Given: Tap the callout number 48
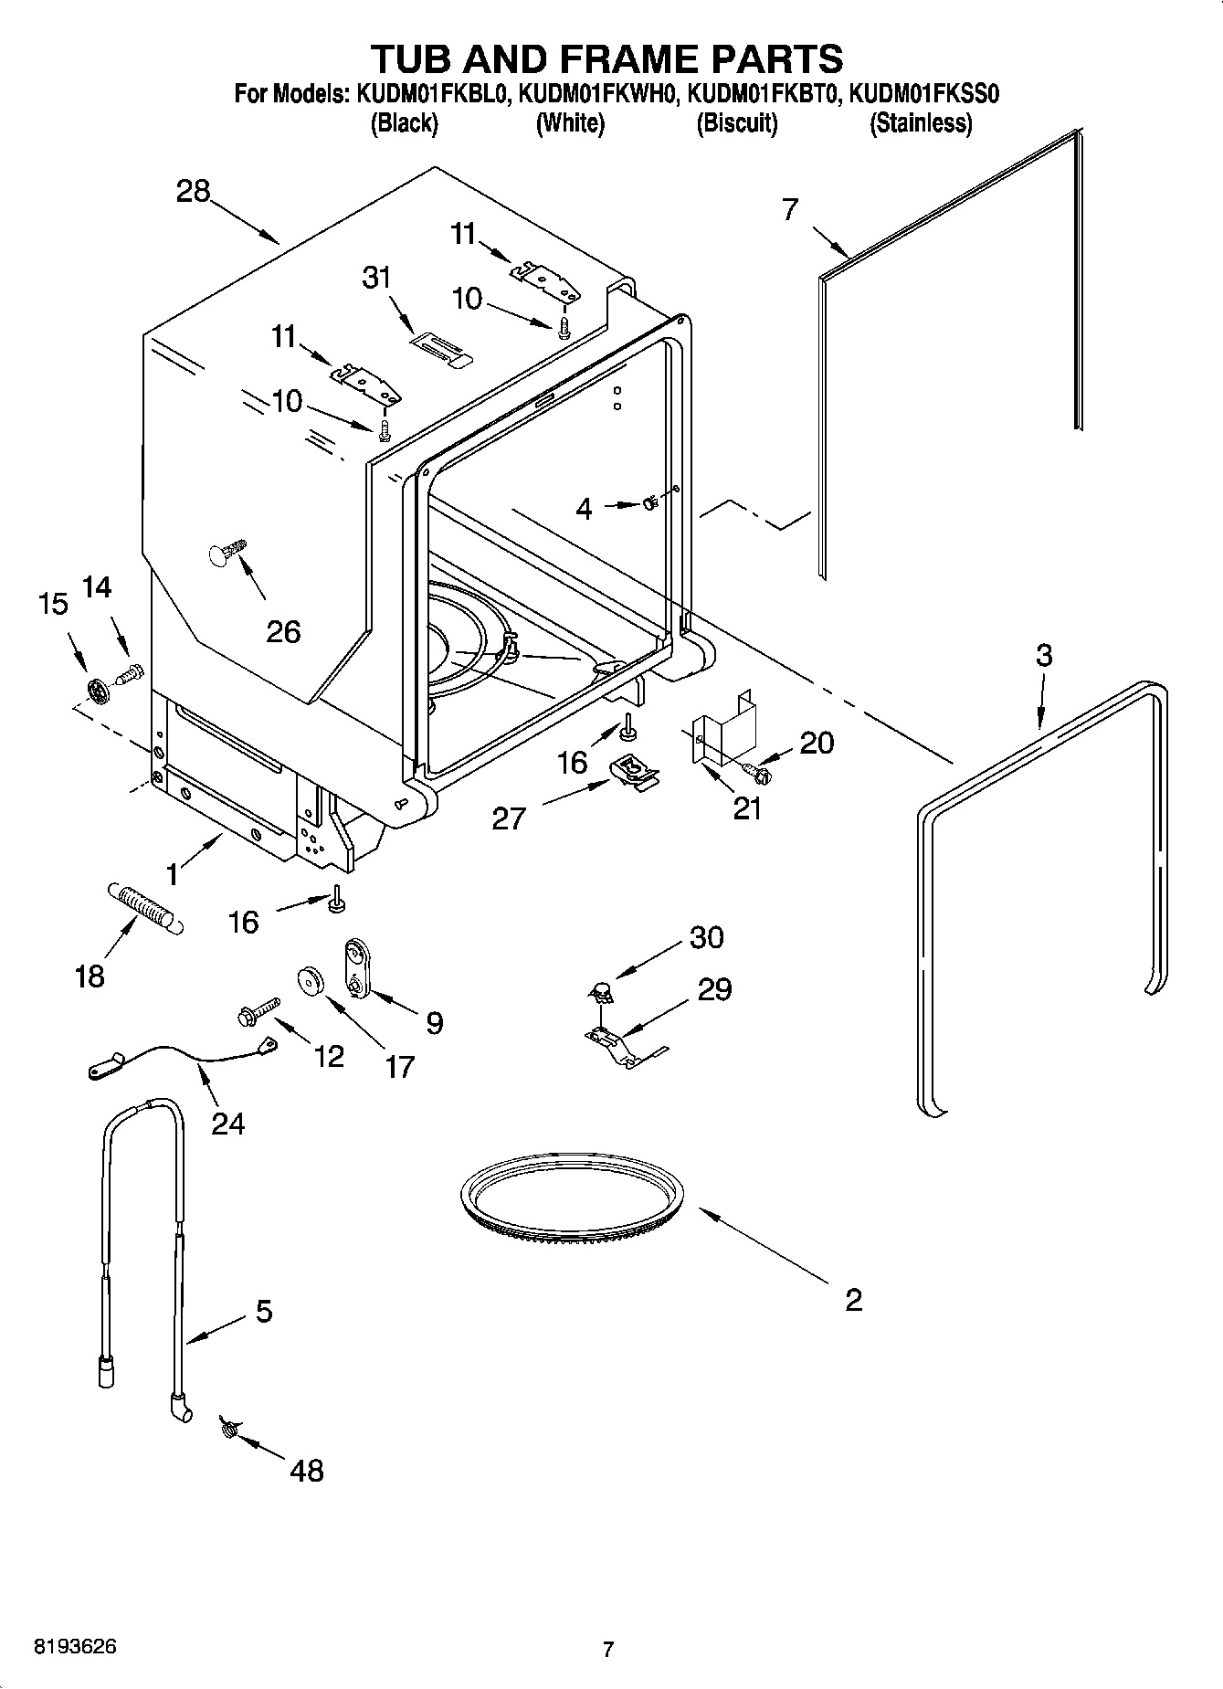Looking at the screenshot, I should (307, 1470).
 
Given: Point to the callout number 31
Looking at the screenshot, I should (376, 277).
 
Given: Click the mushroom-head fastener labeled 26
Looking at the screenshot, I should (227, 553).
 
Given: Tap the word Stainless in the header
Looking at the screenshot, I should (920, 122).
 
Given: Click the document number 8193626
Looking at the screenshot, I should (75, 1647).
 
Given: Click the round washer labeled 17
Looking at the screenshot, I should (313, 980).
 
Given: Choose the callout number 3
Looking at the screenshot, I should (1044, 655).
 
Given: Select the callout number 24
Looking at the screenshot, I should (228, 1123).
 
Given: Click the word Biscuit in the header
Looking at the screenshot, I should (736, 122).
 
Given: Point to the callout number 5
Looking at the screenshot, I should (263, 1312).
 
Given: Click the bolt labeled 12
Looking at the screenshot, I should (258, 1011).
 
